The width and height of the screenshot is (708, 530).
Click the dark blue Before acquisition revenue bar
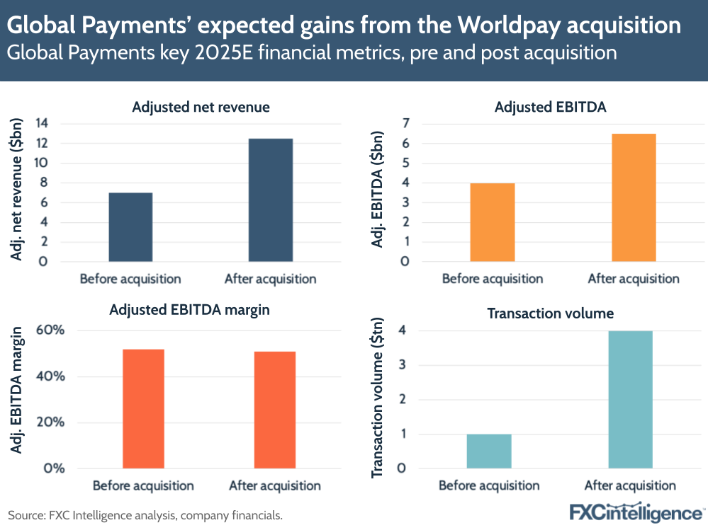(x=130, y=227)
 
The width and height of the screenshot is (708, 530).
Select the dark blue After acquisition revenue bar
(x=271, y=200)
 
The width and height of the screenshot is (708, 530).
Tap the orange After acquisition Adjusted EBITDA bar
(x=634, y=197)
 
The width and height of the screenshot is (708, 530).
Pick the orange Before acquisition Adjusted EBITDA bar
(x=493, y=222)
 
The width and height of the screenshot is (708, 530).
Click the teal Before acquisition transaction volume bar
(x=489, y=451)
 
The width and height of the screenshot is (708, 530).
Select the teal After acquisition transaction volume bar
(x=630, y=399)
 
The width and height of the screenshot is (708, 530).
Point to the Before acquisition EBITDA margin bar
(x=143, y=408)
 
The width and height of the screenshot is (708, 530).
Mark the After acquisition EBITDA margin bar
(x=274, y=410)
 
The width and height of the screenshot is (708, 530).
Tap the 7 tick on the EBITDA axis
(x=405, y=124)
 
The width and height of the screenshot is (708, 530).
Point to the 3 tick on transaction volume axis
(x=401, y=365)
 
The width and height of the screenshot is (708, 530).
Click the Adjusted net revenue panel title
(x=201, y=108)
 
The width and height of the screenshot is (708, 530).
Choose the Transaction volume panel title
(x=550, y=313)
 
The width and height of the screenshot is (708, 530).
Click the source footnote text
(x=145, y=515)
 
